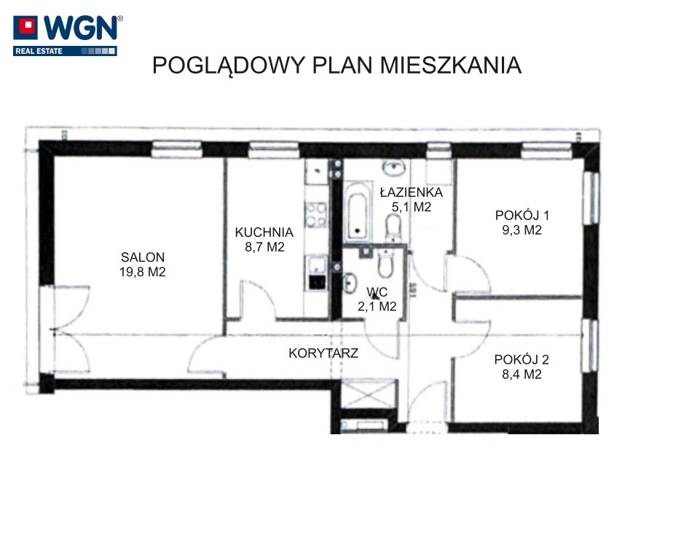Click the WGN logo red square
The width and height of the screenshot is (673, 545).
(25, 28)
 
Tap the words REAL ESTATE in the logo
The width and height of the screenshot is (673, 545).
(39, 51)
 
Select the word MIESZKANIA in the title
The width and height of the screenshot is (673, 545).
(451, 66)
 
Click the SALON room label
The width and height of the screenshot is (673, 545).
(143, 256)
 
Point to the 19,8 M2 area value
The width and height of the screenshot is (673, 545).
(143, 272)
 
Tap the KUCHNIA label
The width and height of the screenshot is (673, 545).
(264, 232)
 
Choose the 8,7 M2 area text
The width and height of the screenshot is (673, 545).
(264, 247)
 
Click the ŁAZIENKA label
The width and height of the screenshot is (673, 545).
(412, 192)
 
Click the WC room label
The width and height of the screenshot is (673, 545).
(377, 292)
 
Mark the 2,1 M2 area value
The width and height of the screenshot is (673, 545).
(377, 306)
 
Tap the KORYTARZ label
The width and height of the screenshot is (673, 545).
(323, 353)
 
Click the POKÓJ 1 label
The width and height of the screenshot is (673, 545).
(522, 215)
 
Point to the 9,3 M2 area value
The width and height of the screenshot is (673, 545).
(522, 230)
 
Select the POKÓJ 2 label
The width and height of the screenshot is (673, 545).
(522, 359)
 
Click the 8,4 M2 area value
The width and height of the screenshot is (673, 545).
(522, 374)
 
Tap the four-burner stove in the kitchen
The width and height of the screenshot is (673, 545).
(316, 215)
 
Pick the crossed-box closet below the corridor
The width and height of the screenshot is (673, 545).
(369, 394)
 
